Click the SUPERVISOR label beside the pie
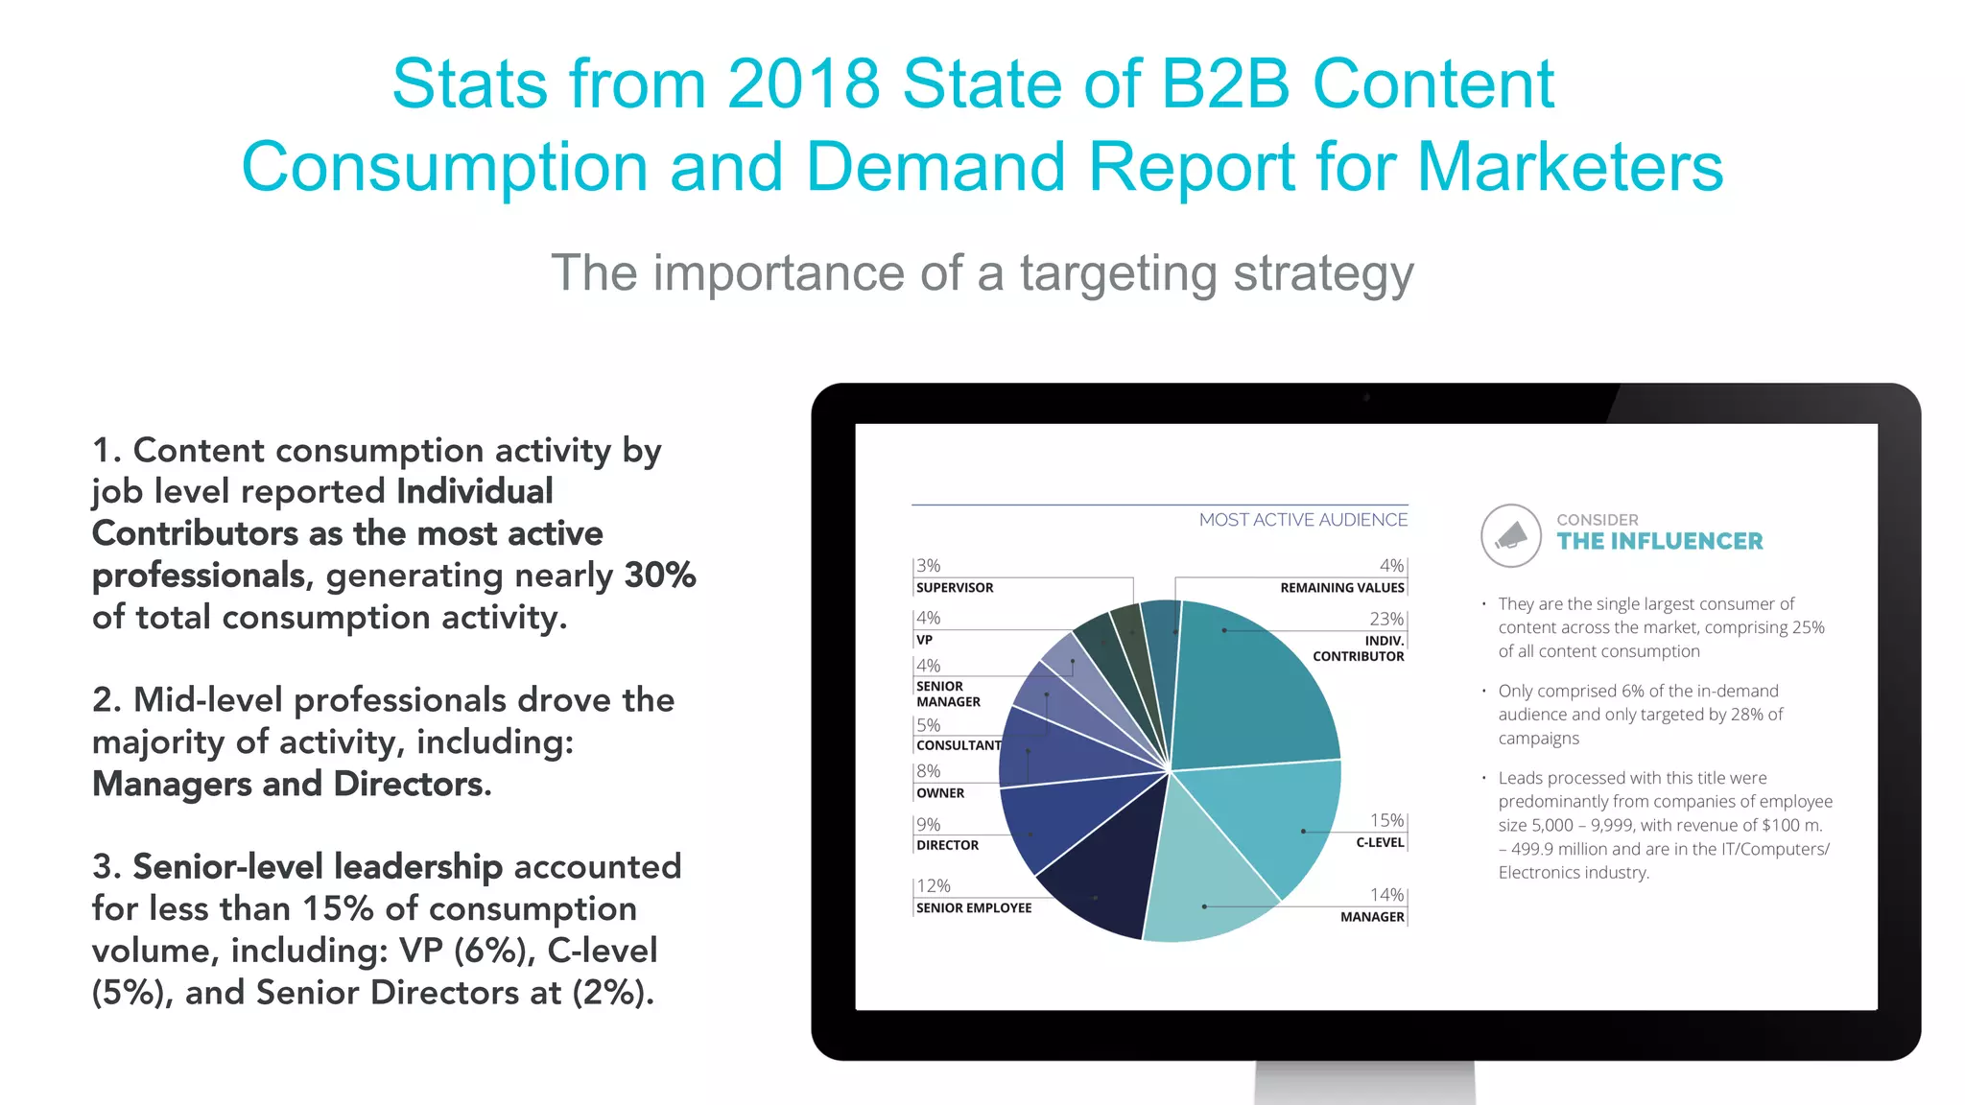pos(955,588)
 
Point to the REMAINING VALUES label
pos(1341,588)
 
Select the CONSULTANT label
pos(959,745)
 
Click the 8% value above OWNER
pos(928,771)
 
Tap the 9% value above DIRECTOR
pos(928,825)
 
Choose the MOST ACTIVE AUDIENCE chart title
pos(1303,520)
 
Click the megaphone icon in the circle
pos(1511,535)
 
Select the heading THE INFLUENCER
pos(1660,542)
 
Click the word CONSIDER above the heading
pos(1598,520)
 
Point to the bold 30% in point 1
pos(660,576)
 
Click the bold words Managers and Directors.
pos(292,785)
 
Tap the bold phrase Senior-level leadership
pos(318,867)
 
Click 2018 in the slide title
pos(803,84)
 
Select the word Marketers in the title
pos(1570,168)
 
